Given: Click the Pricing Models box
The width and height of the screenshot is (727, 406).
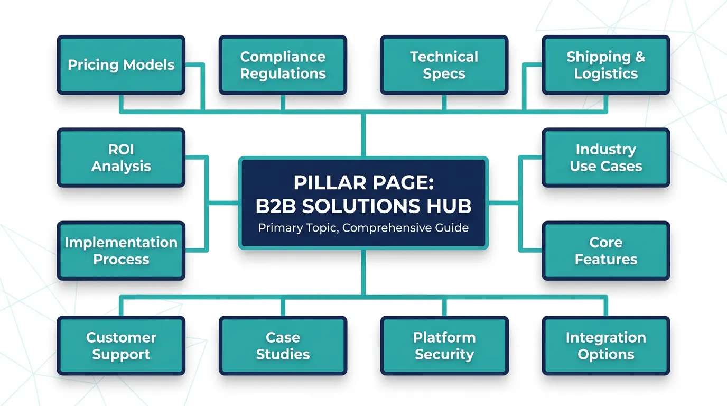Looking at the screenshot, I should pos(121,65).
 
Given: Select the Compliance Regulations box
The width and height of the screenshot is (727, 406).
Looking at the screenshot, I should pos(283,65).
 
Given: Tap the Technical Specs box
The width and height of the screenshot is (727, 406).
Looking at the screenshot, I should pos(444,65).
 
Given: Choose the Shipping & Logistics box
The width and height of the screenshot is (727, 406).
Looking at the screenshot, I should pos(605,65).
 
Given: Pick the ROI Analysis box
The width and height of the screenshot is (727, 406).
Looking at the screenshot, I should pos(121,158).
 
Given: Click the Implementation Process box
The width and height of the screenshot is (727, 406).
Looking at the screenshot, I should pos(121,251).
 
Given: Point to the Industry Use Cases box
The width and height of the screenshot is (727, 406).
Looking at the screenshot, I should pos(605,158).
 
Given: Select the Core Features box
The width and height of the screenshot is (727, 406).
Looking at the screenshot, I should pos(605,251).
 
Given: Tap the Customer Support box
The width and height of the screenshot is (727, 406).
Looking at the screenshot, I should pos(121,346).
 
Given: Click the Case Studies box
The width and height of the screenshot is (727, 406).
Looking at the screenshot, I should pos(283,346).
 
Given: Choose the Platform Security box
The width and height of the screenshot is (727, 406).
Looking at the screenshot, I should pos(444,346).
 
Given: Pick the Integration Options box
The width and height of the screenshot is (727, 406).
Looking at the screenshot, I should pos(605,346).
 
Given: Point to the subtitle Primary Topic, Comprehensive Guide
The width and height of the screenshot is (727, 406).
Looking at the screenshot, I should pos(363,228).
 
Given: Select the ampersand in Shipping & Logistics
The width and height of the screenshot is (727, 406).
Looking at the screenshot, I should pos(639,57).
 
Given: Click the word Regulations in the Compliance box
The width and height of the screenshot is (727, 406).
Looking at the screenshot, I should pos(283,74).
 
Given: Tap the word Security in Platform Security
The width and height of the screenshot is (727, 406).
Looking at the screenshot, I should pos(444,355).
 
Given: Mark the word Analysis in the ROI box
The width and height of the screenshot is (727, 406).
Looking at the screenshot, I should pos(121,167).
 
